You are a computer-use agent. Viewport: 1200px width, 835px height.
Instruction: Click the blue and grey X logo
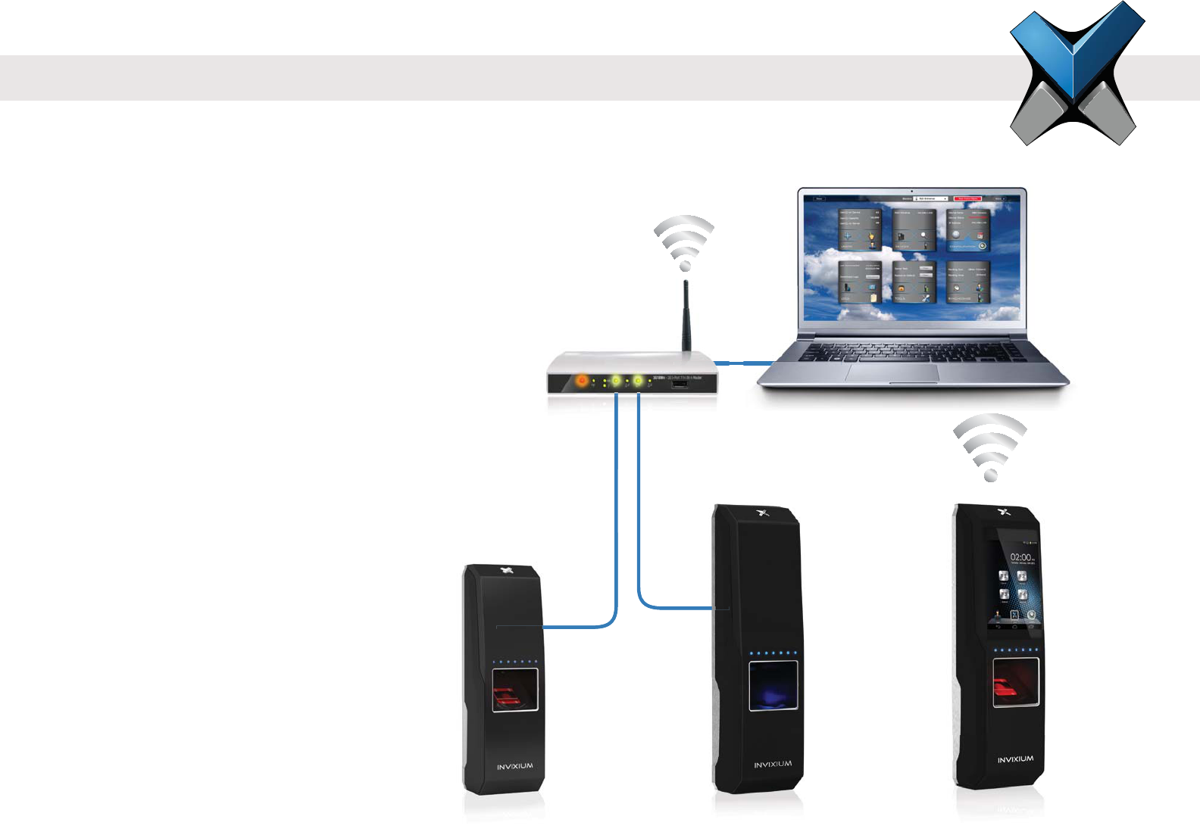[1077, 73]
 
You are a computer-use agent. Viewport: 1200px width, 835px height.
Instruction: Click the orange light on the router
[582, 381]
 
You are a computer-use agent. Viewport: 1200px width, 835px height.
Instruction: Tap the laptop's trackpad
[892, 372]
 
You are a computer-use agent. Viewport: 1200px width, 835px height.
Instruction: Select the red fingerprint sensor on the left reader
[516, 690]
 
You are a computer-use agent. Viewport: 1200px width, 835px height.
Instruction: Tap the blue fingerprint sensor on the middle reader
[773, 687]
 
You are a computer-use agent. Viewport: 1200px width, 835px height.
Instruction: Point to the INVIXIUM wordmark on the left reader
[515, 767]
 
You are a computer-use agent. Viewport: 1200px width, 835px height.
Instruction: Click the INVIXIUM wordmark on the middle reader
[773, 765]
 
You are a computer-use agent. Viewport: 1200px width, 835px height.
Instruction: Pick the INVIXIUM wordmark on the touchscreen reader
[1015, 759]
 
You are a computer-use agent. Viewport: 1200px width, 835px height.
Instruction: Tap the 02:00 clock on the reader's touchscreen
[1021, 557]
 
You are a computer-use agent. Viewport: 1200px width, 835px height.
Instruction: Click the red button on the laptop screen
[968, 199]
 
